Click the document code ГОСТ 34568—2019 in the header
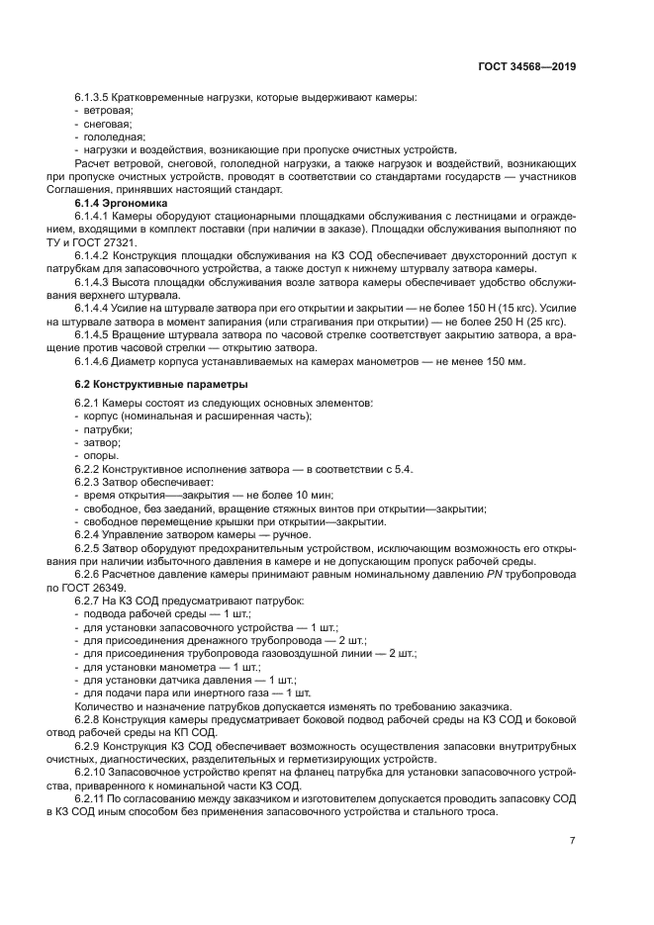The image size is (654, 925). [x=525, y=67]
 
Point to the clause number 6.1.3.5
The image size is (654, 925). [x=94, y=99]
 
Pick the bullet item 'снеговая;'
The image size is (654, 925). [x=106, y=125]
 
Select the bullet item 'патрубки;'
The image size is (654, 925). [x=108, y=430]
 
